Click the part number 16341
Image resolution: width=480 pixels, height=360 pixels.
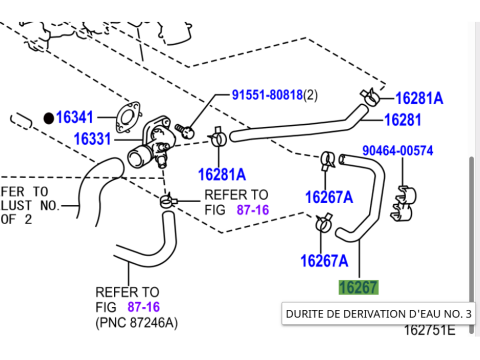[x=75, y=117]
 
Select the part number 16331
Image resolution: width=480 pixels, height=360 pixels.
[x=92, y=138]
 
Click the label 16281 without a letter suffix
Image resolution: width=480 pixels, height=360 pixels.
[x=404, y=120]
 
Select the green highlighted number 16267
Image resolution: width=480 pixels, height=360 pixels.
[x=358, y=288]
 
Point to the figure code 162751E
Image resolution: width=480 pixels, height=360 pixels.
[x=429, y=330]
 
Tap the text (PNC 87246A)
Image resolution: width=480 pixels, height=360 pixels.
[x=136, y=322]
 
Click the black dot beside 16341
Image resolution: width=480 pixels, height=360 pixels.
[x=47, y=117]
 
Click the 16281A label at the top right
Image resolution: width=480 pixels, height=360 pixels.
[x=419, y=98]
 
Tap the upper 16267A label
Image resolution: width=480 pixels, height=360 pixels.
[x=328, y=196]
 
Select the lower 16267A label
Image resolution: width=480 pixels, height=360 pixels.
[x=324, y=262]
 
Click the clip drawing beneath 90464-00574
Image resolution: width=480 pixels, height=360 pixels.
[x=404, y=201]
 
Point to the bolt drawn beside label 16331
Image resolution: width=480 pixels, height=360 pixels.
[x=184, y=129]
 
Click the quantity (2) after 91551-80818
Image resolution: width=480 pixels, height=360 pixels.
[x=310, y=95]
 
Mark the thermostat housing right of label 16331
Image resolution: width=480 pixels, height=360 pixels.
[x=150, y=147]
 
